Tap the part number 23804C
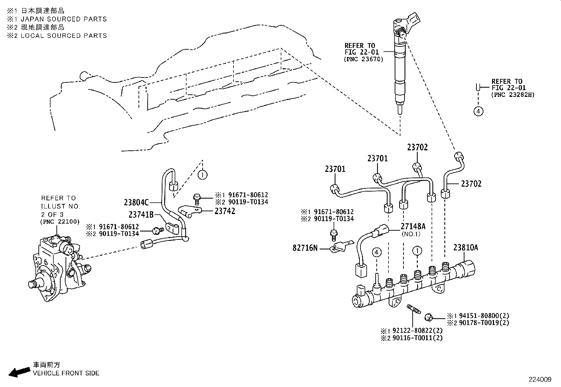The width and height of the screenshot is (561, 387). coord(136,202)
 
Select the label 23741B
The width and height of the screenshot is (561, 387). coord(140,214)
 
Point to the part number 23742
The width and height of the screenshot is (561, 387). coord(225,211)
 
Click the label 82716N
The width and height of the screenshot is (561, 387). coord(305,248)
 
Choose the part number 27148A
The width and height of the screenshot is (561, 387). coord(413,226)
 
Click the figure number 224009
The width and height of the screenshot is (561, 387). coord(540,380)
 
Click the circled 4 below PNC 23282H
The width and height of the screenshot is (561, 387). coord(478,111)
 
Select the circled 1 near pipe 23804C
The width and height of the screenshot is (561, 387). coord(202,174)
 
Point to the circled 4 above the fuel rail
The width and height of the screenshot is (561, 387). coord(377,252)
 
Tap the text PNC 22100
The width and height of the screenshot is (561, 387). coord(60,221)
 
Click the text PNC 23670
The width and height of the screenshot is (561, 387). coord(363,60)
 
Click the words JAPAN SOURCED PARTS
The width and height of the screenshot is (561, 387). coord(63,19)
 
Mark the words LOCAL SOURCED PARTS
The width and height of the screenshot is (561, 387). coord(63,36)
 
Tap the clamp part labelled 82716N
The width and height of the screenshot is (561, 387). coord(339,246)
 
